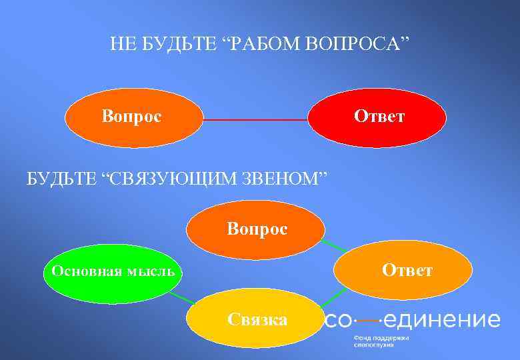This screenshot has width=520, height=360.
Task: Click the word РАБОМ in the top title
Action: pos(265,45)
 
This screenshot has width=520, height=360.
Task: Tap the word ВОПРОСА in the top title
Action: pos(357,45)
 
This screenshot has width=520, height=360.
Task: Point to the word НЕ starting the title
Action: pos(121,45)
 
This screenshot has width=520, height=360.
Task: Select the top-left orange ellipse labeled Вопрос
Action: pos(133,118)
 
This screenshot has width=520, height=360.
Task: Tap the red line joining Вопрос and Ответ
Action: pos(256,120)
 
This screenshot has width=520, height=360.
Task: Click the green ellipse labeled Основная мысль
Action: pos(109,272)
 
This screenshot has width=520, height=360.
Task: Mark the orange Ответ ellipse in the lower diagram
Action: pos(403,270)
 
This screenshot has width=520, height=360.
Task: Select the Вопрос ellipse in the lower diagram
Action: pos(256,230)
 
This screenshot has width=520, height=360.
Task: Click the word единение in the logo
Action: pos(441,320)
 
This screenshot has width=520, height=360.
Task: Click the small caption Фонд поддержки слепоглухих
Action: pos(381,341)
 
